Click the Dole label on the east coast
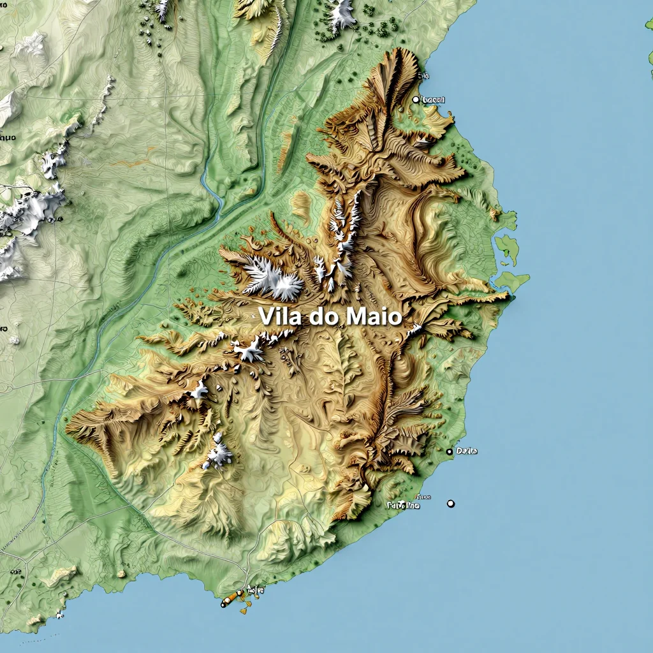coord(467,451)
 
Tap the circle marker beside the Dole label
coord(450,451)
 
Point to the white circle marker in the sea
coord(451,503)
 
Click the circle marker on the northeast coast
coord(416,99)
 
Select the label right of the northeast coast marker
coord(434,99)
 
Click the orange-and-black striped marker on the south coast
coord(232,598)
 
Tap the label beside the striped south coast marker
coord(255,591)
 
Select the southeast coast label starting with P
coord(404,505)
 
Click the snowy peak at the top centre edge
coord(342,13)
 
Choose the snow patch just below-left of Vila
coord(249,349)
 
